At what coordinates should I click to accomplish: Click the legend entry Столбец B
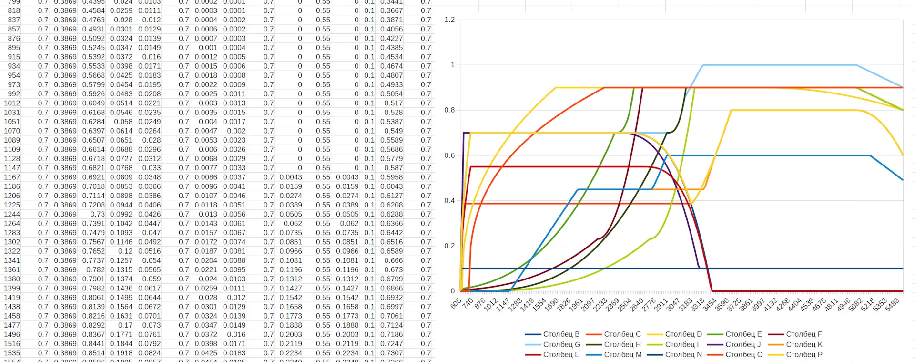561,334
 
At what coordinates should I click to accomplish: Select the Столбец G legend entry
561,344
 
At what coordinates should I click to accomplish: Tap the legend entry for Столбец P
804,354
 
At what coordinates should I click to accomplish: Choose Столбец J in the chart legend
743,344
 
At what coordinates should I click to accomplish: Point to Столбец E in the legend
743,334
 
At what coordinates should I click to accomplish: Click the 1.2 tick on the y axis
449,20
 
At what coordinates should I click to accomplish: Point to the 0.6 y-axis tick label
449,155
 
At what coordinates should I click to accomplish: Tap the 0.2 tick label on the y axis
449,246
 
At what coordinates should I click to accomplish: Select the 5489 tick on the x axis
892,305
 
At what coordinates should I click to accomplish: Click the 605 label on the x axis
456,303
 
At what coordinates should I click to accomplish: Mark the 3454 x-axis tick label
710,305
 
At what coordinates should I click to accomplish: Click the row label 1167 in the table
12,177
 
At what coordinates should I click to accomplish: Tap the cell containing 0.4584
93,10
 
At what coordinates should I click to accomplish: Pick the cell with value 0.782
95,269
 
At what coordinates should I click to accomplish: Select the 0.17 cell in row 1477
125,325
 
